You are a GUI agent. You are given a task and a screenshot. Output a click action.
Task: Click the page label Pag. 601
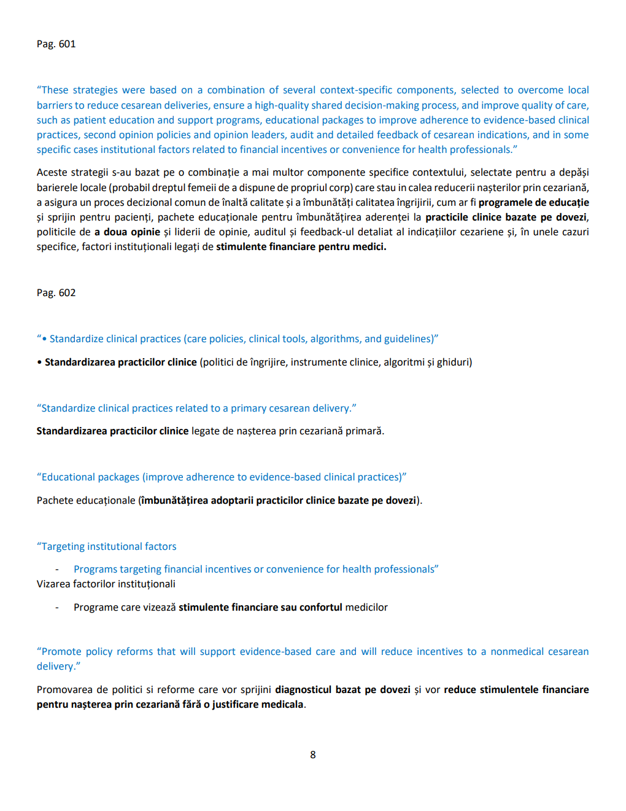pos(56,44)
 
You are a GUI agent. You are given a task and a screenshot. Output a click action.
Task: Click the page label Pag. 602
pos(56,293)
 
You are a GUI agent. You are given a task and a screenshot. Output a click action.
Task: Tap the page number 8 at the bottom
pos(313,755)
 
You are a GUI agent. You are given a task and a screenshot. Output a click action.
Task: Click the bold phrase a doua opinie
pos(128,232)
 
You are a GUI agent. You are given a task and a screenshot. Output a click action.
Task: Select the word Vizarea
pos(53,584)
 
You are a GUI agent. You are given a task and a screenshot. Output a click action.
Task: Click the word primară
pos(365,431)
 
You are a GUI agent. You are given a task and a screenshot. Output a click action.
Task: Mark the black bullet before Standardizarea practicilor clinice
pos(39,362)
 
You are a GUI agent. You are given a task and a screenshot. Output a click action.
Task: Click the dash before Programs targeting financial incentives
pos(57,570)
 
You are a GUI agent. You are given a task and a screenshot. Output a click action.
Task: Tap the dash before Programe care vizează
pos(57,608)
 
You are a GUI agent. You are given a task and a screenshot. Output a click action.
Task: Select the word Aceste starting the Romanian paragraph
pos(52,173)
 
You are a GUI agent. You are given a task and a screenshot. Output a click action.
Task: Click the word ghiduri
pos(454,362)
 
